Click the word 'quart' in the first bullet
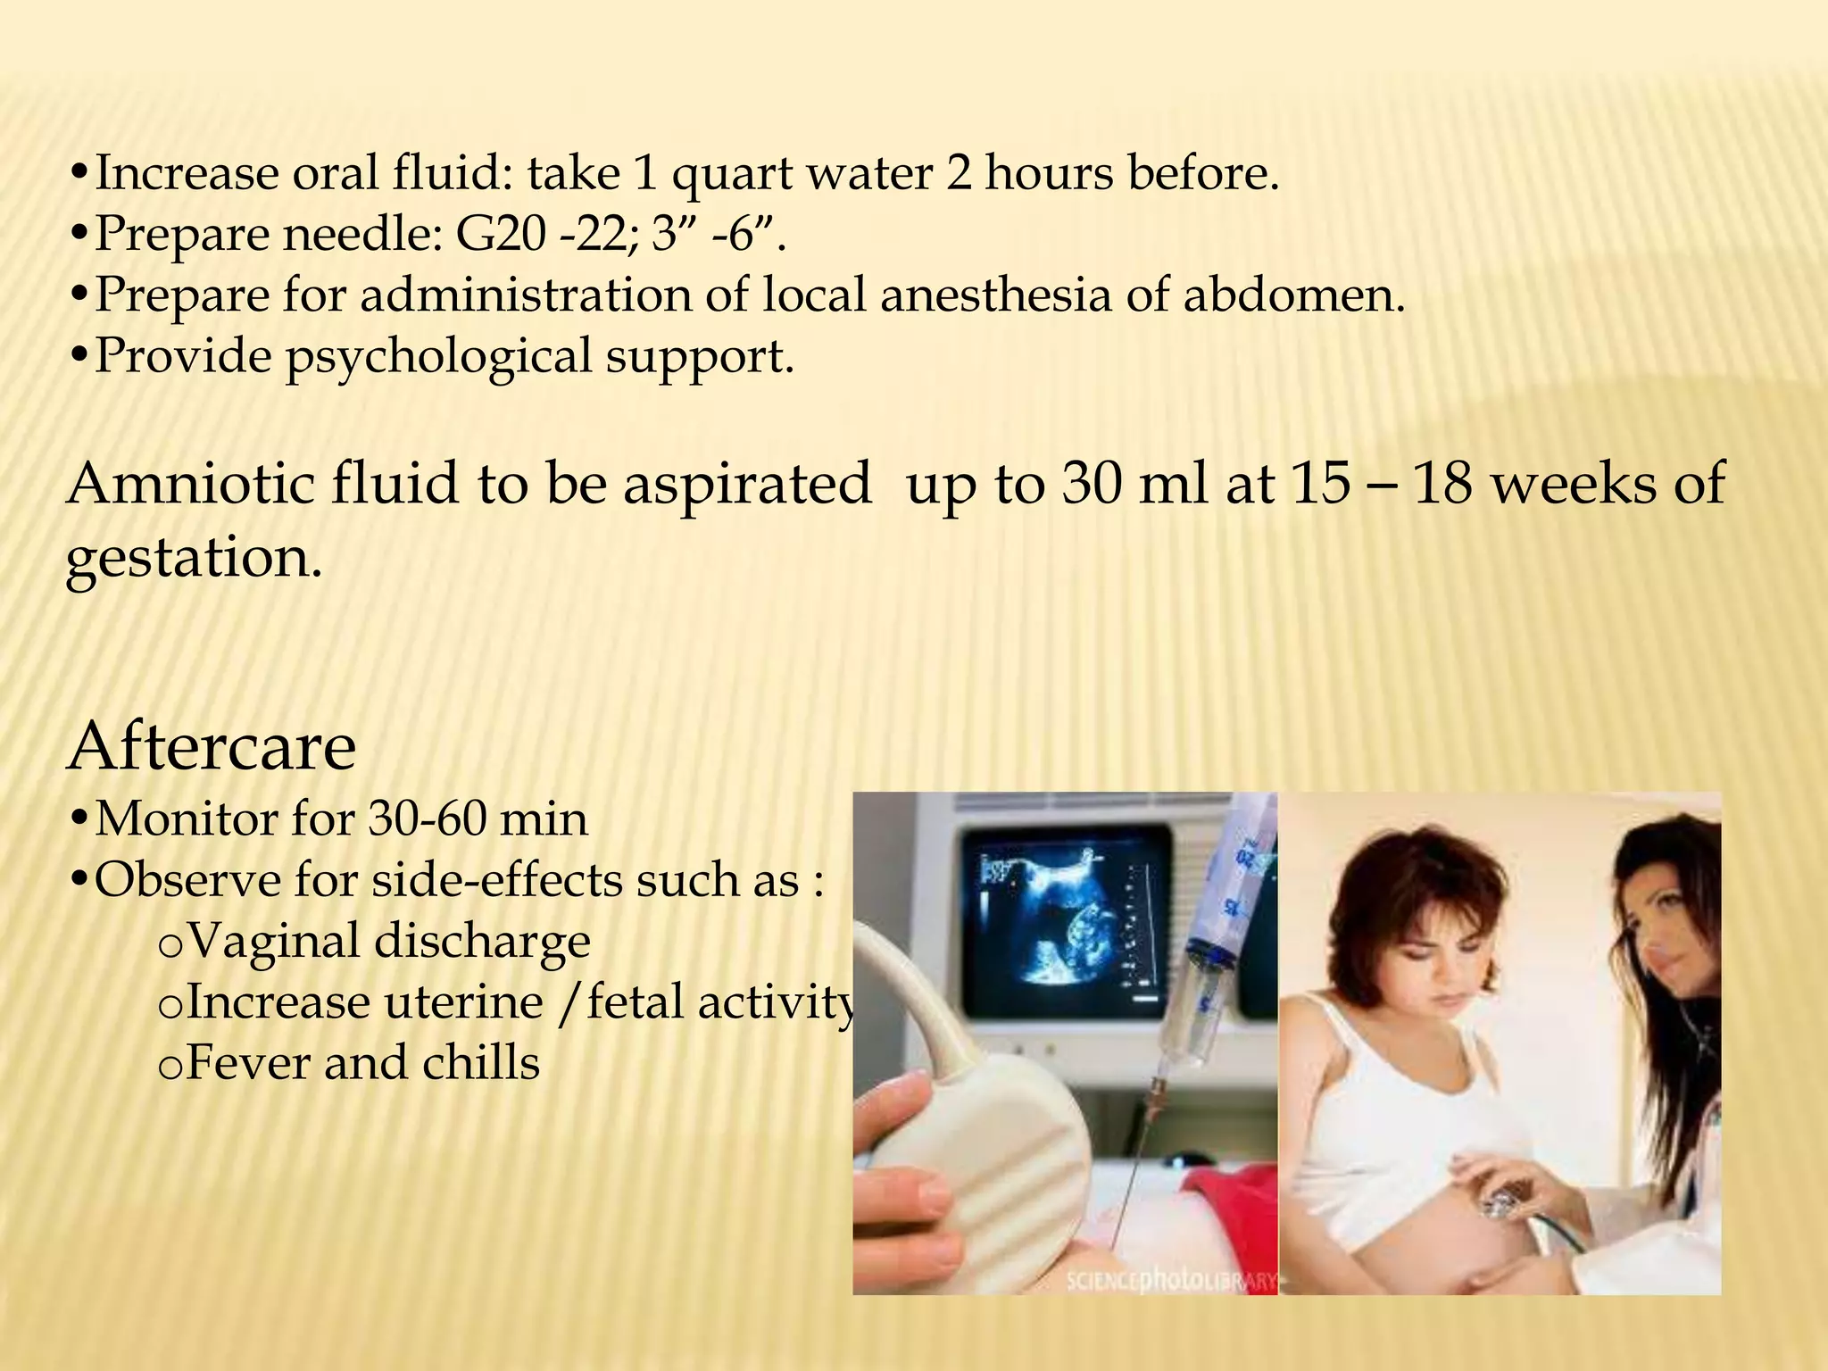click(731, 175)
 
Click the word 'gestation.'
click(194, 559)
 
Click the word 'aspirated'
click(747, 484)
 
